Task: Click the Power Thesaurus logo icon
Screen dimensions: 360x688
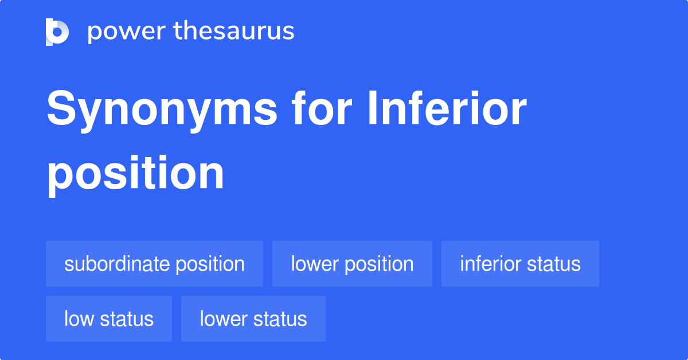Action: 57,32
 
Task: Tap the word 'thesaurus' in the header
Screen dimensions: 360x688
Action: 234,31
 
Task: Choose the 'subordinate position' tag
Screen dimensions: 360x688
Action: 154,264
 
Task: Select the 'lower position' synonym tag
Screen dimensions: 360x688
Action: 352,264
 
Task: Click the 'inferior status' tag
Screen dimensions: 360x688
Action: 520,264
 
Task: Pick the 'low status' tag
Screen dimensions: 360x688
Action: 109,319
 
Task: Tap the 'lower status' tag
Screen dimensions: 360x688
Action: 253,319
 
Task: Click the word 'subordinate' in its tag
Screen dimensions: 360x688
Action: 117,264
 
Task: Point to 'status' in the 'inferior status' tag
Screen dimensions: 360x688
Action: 555,264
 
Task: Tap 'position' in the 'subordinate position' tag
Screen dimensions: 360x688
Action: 210,264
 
